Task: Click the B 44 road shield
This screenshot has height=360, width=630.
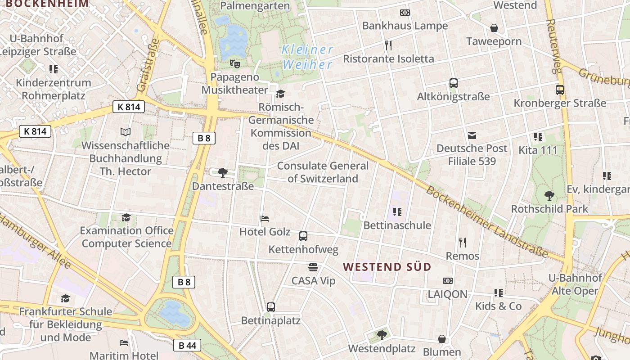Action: click(187, 345)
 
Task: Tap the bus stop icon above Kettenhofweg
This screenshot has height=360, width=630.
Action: click(303, 236)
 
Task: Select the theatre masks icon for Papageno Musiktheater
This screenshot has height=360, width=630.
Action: click(234, 63)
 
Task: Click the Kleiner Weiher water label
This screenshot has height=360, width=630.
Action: click(307, 57)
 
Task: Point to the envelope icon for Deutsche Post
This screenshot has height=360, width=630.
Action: click(472, 135)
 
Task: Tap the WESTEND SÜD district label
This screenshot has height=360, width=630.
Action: click(387, 266)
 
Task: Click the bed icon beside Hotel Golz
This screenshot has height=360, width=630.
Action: click(265, 219)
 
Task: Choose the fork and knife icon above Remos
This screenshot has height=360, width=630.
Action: click(462, 243)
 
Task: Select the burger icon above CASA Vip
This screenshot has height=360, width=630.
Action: click(313, 267)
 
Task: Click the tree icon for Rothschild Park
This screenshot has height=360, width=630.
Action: click(549, 196)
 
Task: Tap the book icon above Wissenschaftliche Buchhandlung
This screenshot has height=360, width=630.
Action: click(126, 132)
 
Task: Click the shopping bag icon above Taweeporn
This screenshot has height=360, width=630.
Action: click(494, 28)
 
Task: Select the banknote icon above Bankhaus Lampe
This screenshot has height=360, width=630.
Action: click(405, 13)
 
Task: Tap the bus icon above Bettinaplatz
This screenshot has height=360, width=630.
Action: click(270, 307)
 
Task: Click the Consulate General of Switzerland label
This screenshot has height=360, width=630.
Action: click(323, 172)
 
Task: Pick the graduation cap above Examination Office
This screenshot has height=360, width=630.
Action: click(126, 218)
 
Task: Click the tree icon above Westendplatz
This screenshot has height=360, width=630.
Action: click(382, 335)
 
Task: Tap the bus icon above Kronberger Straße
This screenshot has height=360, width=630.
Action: click(559, 90)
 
